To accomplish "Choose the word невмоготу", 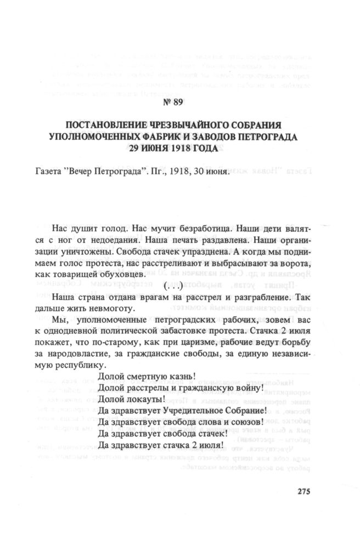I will [107, 309].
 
